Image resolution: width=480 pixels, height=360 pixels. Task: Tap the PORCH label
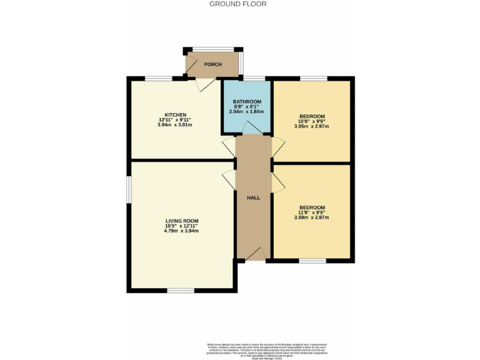pos(213,64)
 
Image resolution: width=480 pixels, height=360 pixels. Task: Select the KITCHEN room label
pos(175,115)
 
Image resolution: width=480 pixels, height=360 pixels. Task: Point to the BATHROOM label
pos(247,102)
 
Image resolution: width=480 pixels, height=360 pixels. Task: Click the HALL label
pos(253,197)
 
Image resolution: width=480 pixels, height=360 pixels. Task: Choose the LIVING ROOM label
pos(182,221)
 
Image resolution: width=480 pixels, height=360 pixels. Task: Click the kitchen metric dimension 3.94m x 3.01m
pos(175,125)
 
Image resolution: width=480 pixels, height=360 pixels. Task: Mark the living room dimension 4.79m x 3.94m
pos(182,231)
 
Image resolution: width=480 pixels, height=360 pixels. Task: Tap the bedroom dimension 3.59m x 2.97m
pos(312,218)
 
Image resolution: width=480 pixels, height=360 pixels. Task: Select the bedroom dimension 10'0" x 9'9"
pos(312,121)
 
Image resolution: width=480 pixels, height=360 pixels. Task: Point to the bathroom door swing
pos(252,127)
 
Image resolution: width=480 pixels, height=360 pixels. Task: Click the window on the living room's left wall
pos(129,189)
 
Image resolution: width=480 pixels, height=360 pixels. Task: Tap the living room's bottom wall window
pos(181,291)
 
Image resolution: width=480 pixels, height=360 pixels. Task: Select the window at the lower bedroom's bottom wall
pos(312,261)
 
